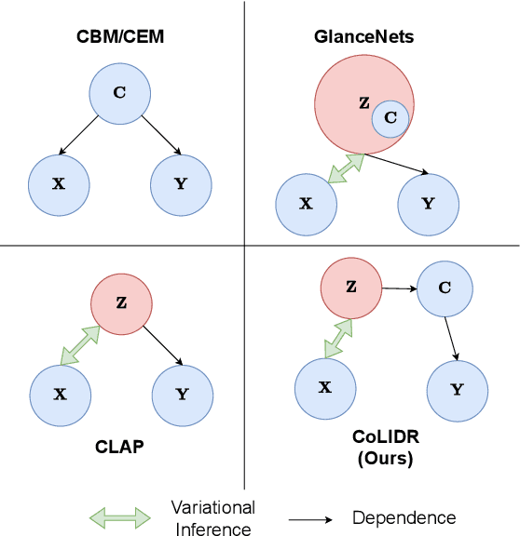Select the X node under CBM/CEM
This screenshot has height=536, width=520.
click(x=59, y=183)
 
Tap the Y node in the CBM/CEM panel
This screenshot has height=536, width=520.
click(x=180, y=183)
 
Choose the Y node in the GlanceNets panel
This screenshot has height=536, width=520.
click(x=429, y=203)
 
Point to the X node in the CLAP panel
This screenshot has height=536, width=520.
click(x=59, y=394)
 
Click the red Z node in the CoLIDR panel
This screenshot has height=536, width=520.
click(x=351, y=287)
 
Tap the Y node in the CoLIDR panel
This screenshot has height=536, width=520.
click(x=457, y=389)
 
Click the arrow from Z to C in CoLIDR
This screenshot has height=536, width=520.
click(x=398, y=288)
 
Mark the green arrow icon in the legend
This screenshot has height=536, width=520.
click(x=118, y=516)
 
